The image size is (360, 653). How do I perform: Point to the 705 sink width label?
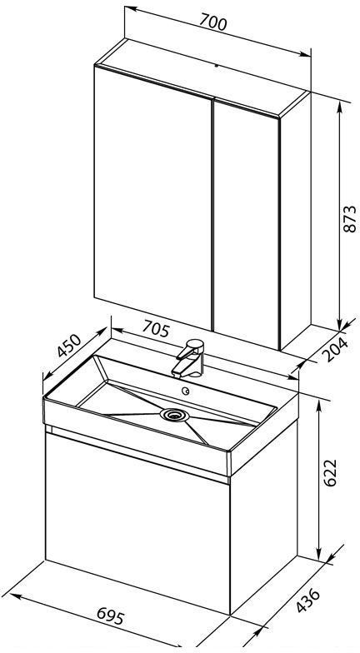[x=157, y=329]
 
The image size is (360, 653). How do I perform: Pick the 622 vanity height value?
[x=330, y=473]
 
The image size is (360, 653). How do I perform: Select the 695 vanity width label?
[x=110, y=616]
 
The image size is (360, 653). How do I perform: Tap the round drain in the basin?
[x=174, y=415]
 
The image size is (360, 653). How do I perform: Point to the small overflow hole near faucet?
[x=186, y=391]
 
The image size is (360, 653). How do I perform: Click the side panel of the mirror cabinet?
[x=295, y=221]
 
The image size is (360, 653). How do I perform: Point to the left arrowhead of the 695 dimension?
[x=16, y=596]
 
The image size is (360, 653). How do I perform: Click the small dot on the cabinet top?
[x=217, y=65]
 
